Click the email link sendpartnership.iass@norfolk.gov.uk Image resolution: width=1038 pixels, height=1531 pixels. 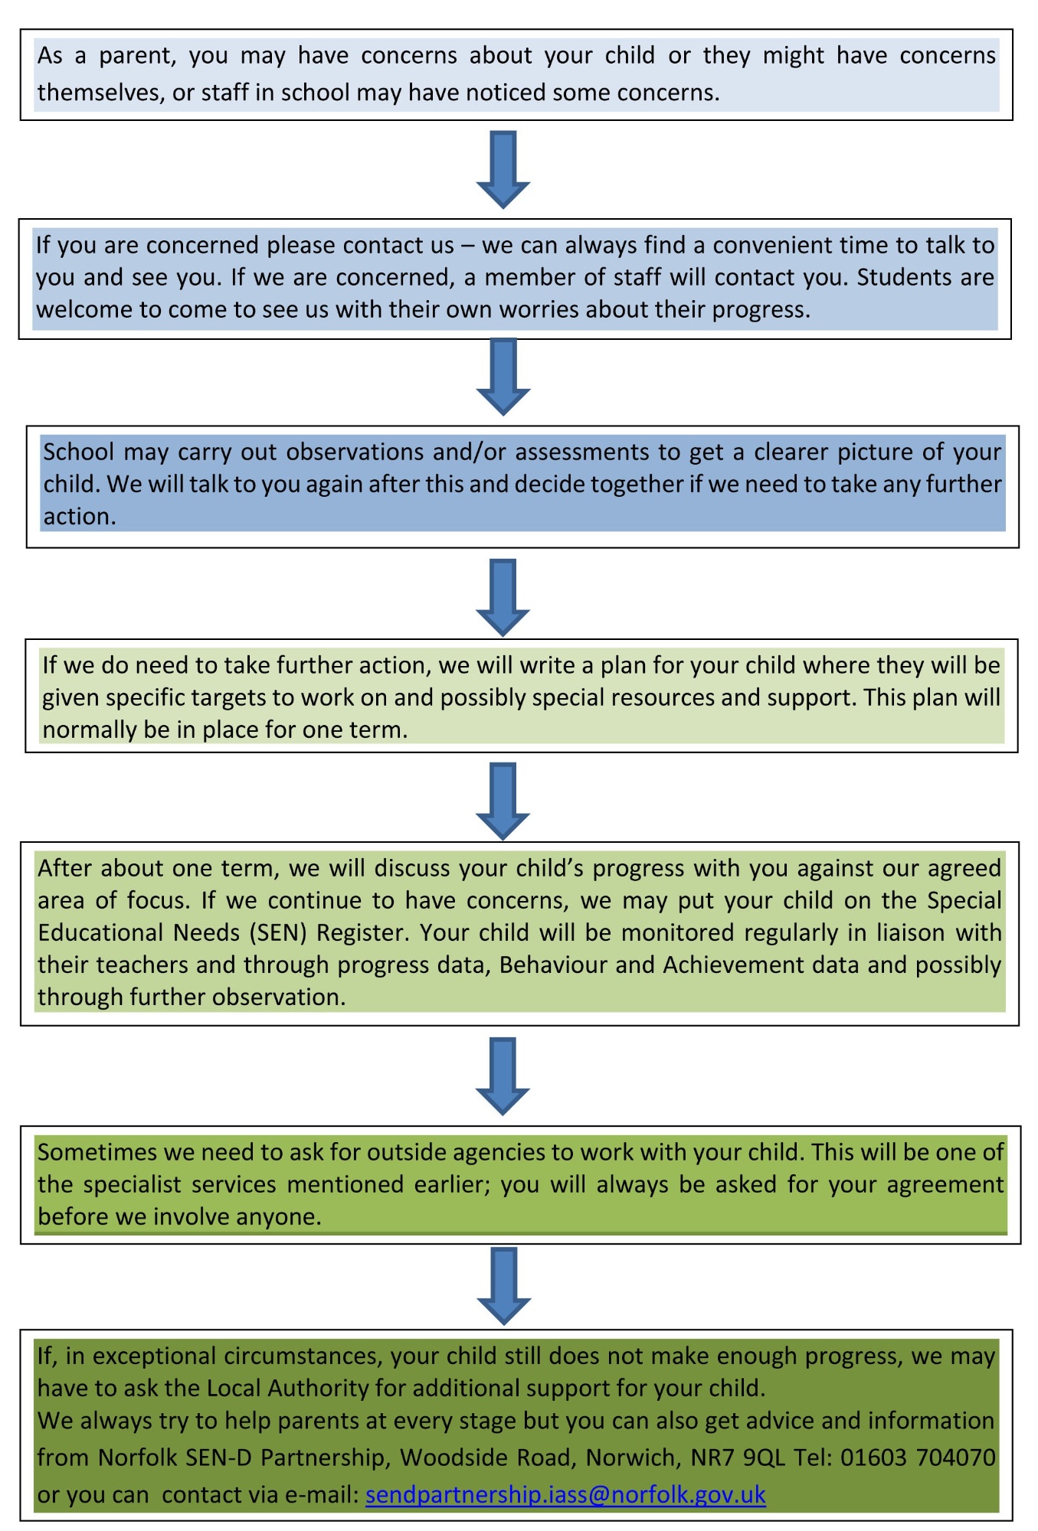pos(565,1494)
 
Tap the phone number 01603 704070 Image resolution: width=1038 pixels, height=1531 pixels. pos(918,1457)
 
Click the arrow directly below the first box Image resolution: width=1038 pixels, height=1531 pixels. pos(503,169)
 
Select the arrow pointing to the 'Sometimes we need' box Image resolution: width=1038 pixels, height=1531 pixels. pos(503,1076)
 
